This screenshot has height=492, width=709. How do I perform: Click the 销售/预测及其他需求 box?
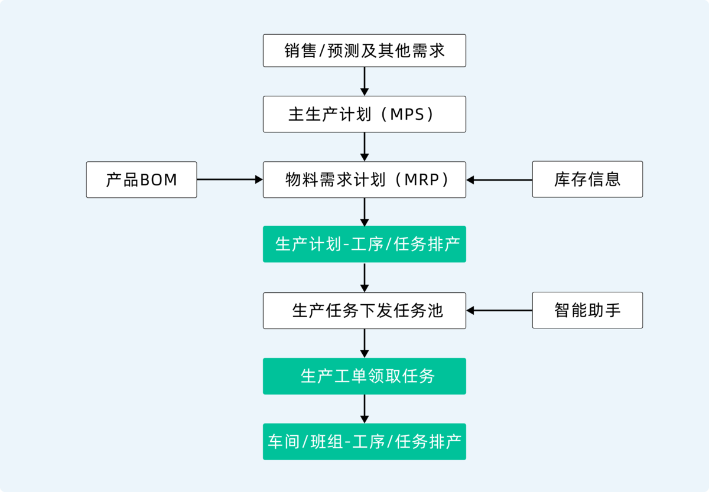pyautogui.click(x=364, y=51)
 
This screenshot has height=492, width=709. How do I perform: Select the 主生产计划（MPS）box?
pyautogui.click(x=364, y=114)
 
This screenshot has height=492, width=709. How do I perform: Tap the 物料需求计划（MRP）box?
pyautogui.click(x=364, y=180)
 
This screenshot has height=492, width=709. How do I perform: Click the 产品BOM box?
pyautogui.click(x=141, y=180)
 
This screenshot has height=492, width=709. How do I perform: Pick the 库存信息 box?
pyautogui.click(x=587, y=180)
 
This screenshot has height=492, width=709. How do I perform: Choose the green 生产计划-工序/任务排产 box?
pyautogui.click(x=364, y=244)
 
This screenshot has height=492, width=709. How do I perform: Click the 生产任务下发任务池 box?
pyautogui.click(x=364, y=310)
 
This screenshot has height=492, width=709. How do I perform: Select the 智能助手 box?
pyautogui.click(x=587, y=310)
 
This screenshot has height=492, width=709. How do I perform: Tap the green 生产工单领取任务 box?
pyautogui.click(x=364, y=376)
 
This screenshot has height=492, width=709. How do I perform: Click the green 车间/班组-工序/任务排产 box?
pyautogui.click(x=364, y=441)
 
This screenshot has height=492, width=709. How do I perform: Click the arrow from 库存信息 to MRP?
pyautogui.click(x=499, y=180)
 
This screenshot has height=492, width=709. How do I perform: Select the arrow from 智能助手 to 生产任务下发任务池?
pyautogui.click(x=499, y=310)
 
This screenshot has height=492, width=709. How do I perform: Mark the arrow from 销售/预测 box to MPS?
pyautogui.click(x=365, y=82)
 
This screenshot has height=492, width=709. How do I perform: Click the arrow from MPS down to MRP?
pyautogui.click(x=365, y=146)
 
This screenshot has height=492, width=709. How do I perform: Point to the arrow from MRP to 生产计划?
pyautogui.click(x=365, y=211)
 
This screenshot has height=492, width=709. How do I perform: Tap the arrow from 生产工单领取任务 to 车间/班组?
pyautogui.click(x=365, y=409)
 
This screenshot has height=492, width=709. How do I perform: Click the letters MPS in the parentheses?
pyautogui.click(x=407, y=115)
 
